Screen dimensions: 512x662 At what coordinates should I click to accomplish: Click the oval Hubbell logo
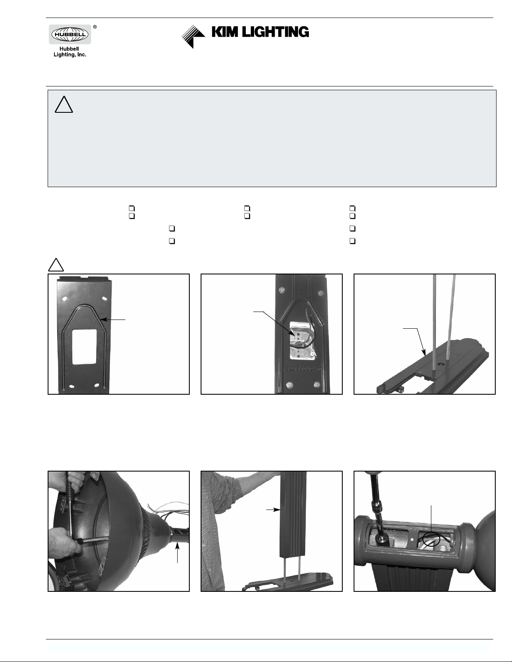pos(70,34)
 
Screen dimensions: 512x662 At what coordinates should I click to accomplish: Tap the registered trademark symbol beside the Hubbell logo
pos(95,27)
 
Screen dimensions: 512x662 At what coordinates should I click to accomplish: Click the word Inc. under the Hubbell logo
pos(82,55)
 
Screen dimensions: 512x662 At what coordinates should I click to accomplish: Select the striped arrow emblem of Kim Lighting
pos(193,37)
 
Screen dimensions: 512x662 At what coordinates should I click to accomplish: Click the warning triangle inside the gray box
pos(64,105)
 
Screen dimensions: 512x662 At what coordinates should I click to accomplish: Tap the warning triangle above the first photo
pos(56,265)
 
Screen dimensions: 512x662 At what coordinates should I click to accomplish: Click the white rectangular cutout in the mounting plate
pos(84,346)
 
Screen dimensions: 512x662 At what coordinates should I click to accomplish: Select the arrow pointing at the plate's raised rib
pos(113,320)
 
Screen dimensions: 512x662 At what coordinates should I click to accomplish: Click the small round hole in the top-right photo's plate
pos(440,364)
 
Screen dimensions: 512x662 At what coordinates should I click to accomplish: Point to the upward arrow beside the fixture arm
pos(177,553)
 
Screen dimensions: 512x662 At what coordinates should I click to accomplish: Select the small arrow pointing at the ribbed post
pos(273,510)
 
